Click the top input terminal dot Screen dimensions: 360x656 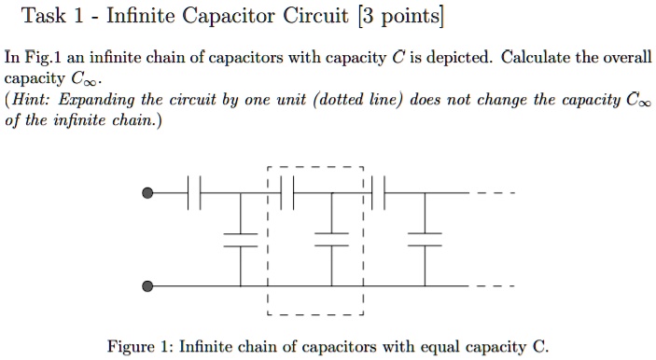(x=147, y=194)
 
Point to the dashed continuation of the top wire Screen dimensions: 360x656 (x=494, y=194)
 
